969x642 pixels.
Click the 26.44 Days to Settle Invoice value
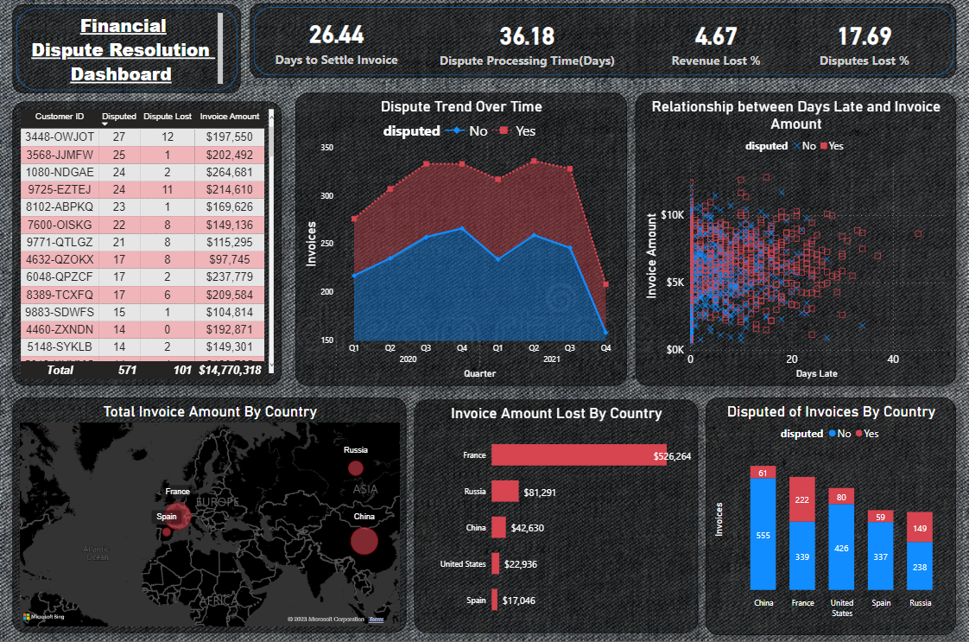tap(337, 35)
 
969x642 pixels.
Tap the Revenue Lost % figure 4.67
tap(716, 36)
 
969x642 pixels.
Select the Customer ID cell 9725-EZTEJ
tap(60, 189)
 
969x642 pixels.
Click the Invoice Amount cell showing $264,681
tap(229, 171)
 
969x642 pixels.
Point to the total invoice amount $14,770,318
tap(229, 370)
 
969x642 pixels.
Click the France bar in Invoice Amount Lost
tap(573, 455)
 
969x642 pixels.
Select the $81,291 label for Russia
tap(545, 493)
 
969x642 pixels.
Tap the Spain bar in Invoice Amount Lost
tap(495, 600)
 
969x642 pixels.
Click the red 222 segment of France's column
tap(802, 499)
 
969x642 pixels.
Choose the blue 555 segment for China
tap(763, 535)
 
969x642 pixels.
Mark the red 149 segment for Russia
tap(920, 527)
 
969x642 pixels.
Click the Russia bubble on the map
tap(355, 468)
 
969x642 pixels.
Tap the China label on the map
tap(364, 517)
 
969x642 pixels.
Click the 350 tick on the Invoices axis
tap(326, 149)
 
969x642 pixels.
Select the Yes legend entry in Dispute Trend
tap(518, 131)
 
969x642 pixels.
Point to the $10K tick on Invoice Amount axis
tap(672, 213)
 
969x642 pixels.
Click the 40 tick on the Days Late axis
tap(893, 359)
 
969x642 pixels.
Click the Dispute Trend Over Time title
tap(461, 107)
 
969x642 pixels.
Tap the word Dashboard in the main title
tap(121, 74)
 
